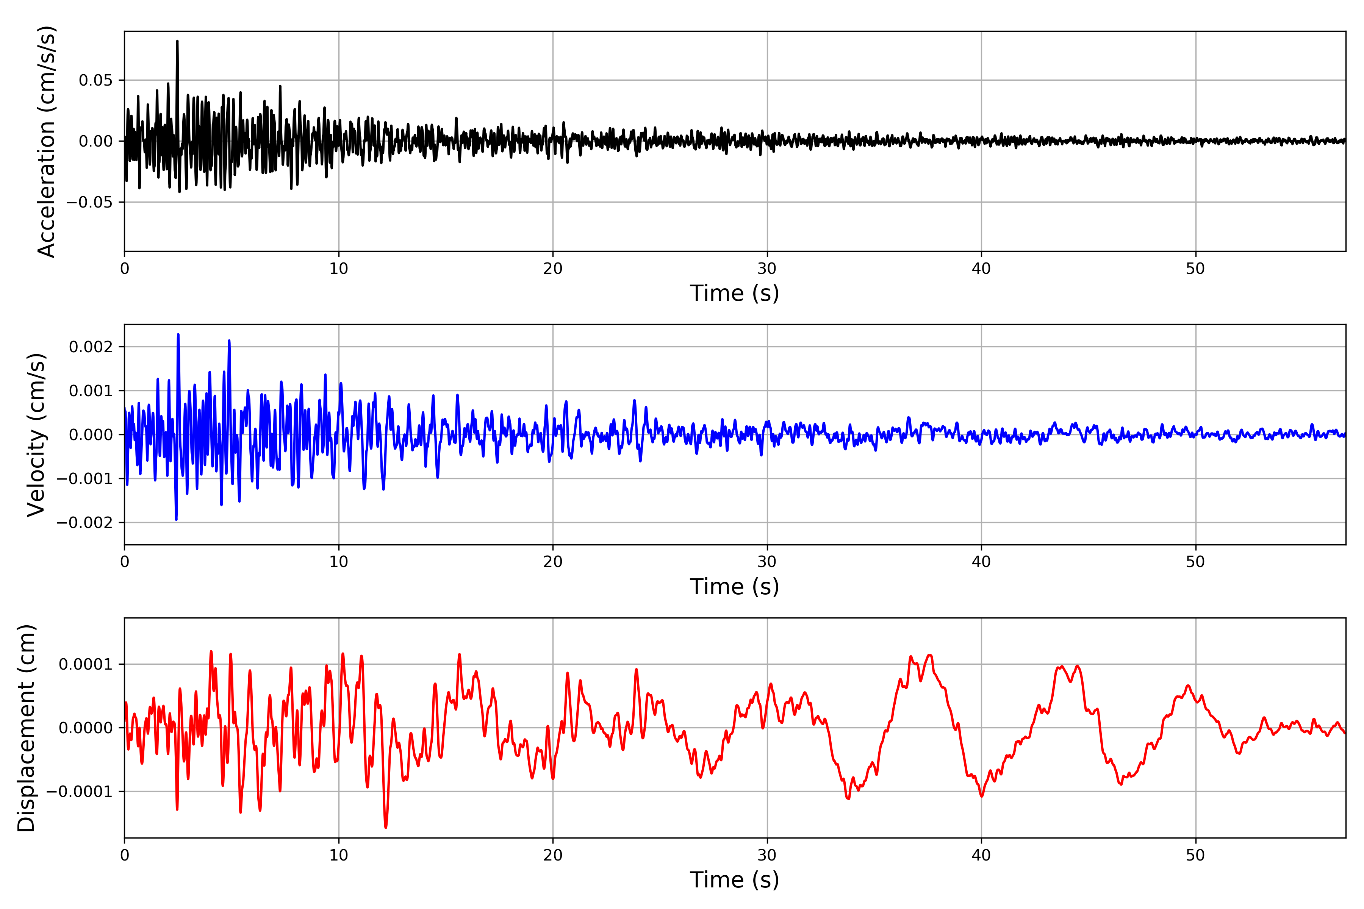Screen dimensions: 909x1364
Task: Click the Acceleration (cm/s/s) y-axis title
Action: pos(46,141)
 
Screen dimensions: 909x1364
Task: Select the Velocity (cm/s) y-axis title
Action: pos(36,435)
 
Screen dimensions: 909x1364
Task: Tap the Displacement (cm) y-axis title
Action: pos(27,728)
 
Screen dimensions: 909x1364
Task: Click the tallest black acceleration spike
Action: pos(177,42)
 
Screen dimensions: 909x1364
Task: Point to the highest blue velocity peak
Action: pos(178,335)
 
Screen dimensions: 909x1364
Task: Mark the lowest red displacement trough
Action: pos(386,827)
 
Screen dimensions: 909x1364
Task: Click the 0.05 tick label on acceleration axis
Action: pos(96,80)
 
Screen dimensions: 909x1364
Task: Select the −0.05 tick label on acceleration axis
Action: pos(89,202)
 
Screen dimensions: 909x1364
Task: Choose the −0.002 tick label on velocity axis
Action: pos(84,522)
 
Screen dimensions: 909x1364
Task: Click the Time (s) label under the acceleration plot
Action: pos(734,293)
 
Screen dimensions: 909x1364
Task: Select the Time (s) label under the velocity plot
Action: pos(734,587)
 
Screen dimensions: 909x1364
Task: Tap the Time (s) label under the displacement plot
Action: pos(734,880)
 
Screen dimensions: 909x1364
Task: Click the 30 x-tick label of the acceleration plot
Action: pos(766,269)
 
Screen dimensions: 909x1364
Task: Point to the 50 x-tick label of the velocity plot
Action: pos(1195,562)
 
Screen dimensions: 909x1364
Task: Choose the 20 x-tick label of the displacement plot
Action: pos(553,855)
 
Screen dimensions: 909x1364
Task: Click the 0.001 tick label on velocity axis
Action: pos(91,391)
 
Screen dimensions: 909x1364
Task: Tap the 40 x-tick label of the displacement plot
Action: pos(981,855)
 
